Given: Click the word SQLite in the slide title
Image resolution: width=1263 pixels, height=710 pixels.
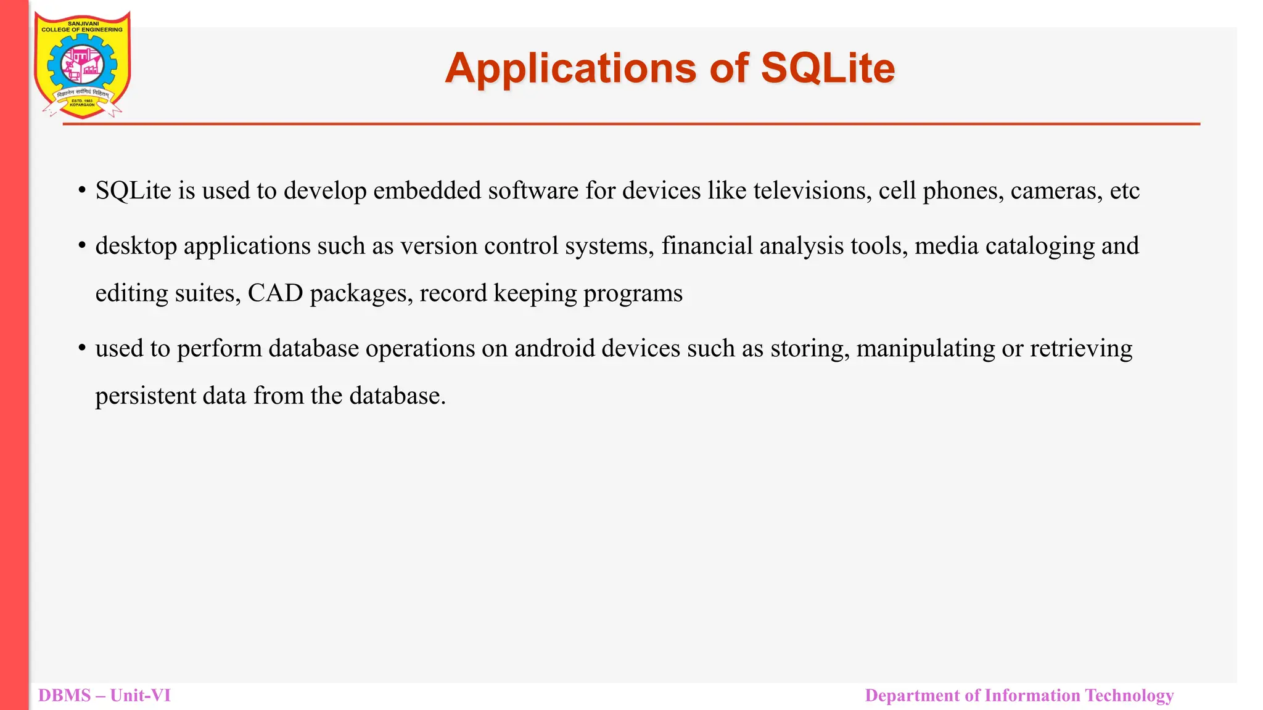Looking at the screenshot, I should [x=828, y=68].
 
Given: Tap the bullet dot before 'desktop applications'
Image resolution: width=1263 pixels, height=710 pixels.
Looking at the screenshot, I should [x=81, y=245].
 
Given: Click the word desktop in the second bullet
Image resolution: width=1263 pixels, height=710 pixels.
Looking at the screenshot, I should [x=136, y=246].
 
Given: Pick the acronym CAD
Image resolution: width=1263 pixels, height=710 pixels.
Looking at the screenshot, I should [x=275, y=293].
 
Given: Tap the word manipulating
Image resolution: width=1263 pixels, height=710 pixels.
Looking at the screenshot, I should [x=925, y=349].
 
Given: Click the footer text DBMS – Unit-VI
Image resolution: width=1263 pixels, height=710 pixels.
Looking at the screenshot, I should [x=104, y=695].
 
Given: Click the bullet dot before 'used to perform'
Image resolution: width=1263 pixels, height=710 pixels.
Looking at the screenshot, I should [x=81, y=348].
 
